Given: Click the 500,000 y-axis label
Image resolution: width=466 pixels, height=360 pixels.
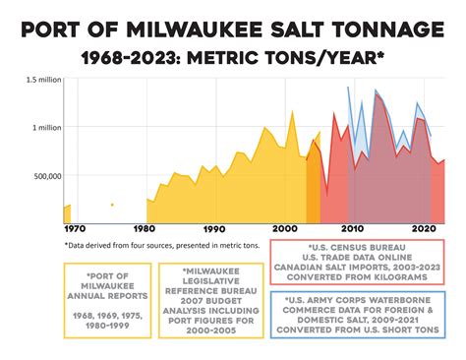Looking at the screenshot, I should pyautogui.click(x=45, y=176).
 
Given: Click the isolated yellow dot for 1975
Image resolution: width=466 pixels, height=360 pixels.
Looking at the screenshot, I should pyautogui.click(x=112, y=205).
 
